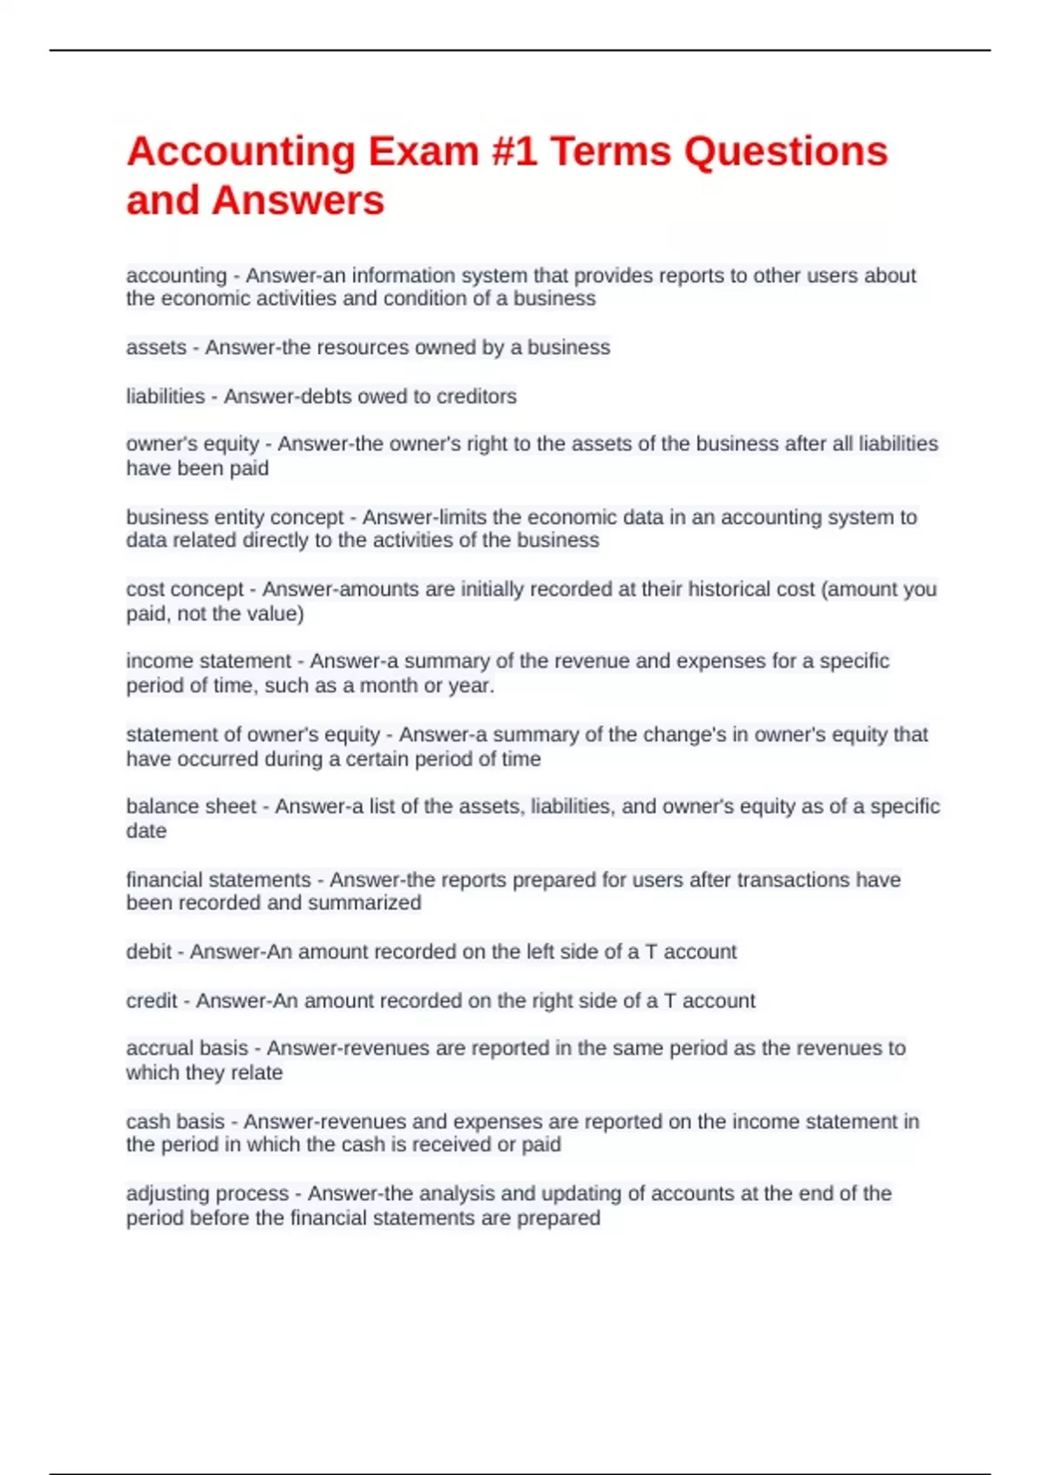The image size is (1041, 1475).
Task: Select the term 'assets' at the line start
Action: click(x=156, y=348)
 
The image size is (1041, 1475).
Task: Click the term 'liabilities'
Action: click(x=166, y=397)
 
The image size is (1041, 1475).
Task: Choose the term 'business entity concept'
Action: click(x=235, y=517)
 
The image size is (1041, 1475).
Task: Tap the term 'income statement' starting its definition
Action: click(x=208, y=661)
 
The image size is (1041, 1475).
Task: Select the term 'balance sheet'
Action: click(x=191, y=806)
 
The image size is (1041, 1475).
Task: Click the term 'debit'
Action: click(x=148, y=952)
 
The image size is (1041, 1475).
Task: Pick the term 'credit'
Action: click(x=152, y=1000)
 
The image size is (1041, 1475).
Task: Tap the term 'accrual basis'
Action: click(x=187, y=1048)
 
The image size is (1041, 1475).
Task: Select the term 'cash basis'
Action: click(x=175, y=1122)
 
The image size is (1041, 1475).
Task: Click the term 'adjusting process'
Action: click(x=207, y=1194)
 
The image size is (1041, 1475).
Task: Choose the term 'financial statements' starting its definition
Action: click(x=219, y=880)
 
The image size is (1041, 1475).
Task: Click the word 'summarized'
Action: click(x=364, y=903)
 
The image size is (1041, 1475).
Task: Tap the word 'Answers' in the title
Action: click(x=298, y=200)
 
